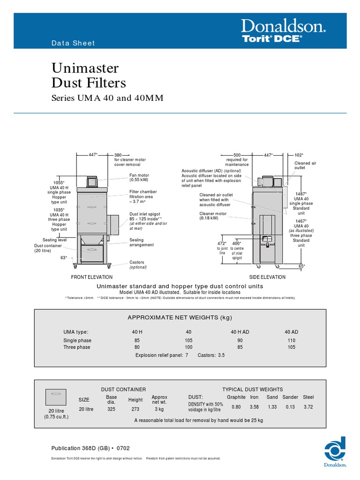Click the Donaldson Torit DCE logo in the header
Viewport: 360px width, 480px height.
(284, 31)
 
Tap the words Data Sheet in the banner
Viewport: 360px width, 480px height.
(73, 43)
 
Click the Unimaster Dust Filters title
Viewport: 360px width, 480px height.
(89, 76)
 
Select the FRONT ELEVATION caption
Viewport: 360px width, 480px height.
(92, 277)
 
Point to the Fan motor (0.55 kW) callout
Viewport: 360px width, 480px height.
(140, 178)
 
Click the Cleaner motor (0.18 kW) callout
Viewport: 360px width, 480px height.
(213, 216)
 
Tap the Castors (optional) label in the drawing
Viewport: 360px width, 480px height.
(138, 265)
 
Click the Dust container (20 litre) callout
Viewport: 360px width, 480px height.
(47, 248)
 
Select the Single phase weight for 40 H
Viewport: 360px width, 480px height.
(137, 340)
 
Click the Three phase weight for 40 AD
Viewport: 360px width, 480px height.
(291, 347)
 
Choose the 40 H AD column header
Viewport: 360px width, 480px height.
(240, 331)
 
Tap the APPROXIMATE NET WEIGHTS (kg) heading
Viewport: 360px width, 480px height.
(180, 318)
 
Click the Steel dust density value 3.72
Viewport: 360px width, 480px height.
(308, 407)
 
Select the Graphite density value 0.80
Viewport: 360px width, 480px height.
(236, 407)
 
